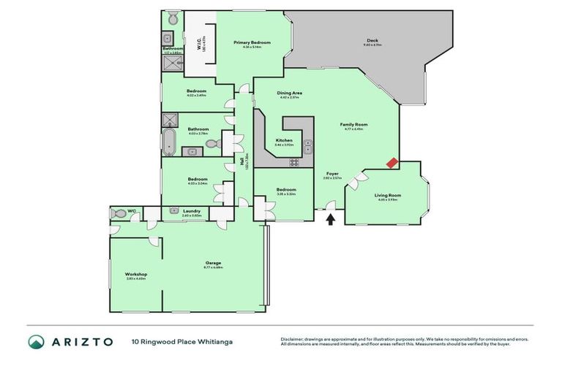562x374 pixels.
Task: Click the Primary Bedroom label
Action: (x=252, y=42)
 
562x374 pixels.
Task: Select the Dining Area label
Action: (x=290, y=93)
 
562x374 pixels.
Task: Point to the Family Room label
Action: (x=353, y=124)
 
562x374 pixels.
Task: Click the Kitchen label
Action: (x=284, y=140)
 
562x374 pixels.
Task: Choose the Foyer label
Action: (x=332, y=173)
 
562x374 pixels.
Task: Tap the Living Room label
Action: (x=388, y=195)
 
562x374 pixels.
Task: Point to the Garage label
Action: (x=213, y=263)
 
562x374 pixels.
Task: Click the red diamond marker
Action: (x=393, y=163)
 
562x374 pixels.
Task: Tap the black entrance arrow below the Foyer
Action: (x=331, y=218)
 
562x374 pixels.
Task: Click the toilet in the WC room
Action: (x=119, y=214)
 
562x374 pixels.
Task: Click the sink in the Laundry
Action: (x=174, y=210)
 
